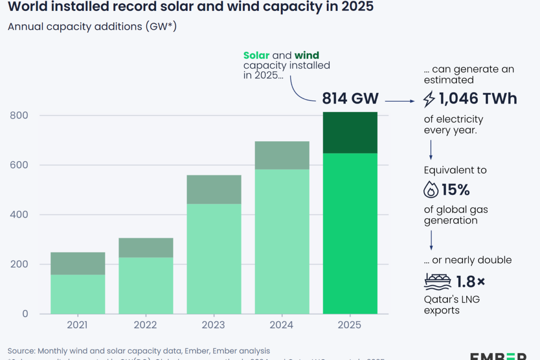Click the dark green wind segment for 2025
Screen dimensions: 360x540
tap(350, 133)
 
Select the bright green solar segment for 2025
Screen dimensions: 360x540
tap(350, 234)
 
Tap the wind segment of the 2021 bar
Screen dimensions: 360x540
tap(78, 263)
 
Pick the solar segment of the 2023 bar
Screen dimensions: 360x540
tap(214, 259)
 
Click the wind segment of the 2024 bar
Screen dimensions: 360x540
tap(282, 155)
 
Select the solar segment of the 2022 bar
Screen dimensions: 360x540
tap(146, 285)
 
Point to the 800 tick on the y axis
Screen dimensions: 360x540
tap(19, 116)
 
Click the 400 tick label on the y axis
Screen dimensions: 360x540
tap(19, 215)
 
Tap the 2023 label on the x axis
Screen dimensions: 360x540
tap(214, 325)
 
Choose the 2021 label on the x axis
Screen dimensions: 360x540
tap(78, 325)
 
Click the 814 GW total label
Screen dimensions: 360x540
tap(350, 98)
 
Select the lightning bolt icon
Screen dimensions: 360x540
tap(429, 99)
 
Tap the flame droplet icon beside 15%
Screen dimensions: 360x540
tap(431, 190)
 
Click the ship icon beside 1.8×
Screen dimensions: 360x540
tap(437, 282)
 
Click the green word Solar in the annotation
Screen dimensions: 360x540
tap(256, 56)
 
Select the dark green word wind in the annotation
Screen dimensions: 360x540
tap(307, 56)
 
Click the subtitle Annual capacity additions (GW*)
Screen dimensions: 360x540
tap(92, 27)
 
